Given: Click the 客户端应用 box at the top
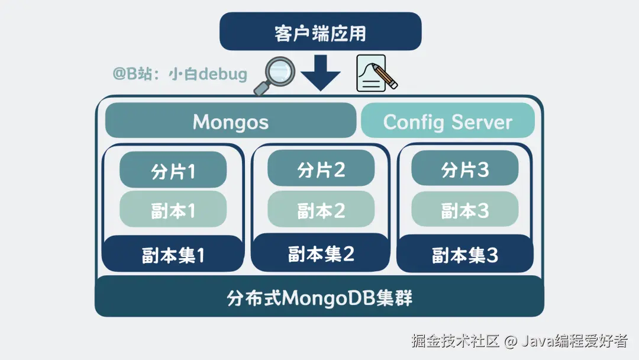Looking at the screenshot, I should (320, 32).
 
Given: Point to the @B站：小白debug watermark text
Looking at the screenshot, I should (180, 74).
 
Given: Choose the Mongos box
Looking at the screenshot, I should (231, 121).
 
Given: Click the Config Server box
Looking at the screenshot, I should (447, 121).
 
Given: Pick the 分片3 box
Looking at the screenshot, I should (464, 169).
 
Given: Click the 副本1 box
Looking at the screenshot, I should (173, 210).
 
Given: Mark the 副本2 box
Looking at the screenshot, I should (321, 210).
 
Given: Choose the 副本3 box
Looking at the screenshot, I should (464, 210).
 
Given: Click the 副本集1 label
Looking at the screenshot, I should (173, 255).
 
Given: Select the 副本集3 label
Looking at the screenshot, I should (464, 255).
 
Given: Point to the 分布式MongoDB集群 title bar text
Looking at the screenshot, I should (319, 297).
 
